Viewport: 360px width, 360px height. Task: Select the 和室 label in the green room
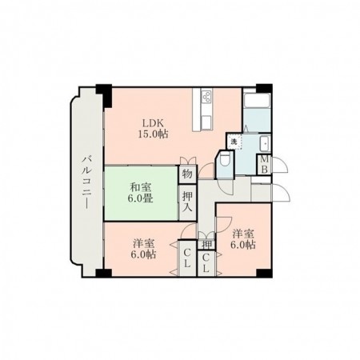click(142, 189)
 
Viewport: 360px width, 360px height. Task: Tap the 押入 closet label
click(186, 200)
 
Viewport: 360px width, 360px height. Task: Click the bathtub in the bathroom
click(257, 109)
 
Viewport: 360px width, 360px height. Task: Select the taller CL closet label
click(186, 259)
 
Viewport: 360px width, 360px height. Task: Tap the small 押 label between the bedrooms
click(206, 244)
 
